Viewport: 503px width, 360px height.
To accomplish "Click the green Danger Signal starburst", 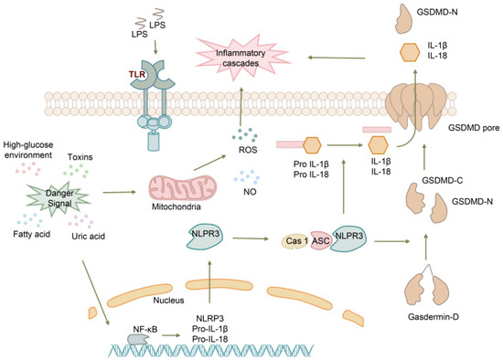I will pyautogui.click(x=59, y=194).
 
